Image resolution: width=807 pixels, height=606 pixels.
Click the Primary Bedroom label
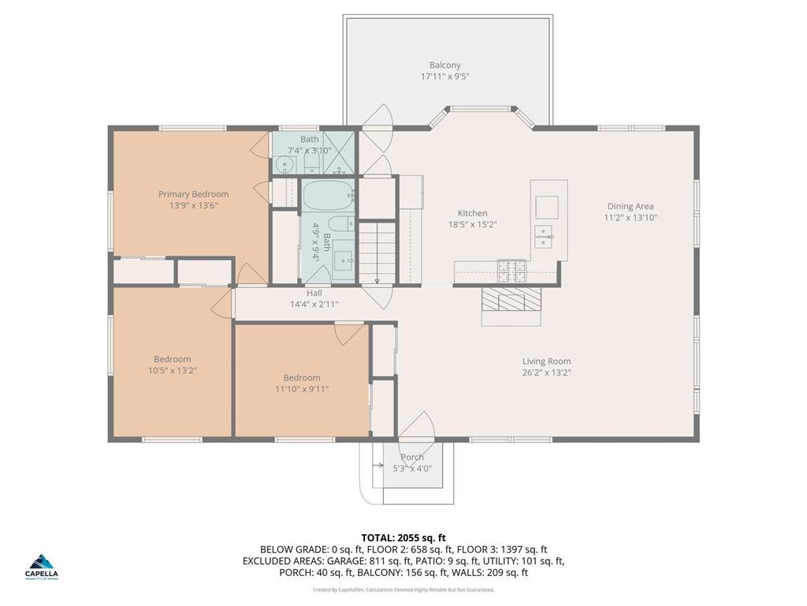coord(193,194)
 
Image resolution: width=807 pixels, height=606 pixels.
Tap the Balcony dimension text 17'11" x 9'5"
coord(445,77)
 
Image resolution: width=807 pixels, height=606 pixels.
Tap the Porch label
coord(412,457)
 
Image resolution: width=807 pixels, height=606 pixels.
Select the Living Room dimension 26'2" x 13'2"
coord(546,372)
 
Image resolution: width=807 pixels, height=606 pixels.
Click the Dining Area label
coord(630,207)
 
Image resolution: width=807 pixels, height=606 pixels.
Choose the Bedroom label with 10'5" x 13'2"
coord(172,359)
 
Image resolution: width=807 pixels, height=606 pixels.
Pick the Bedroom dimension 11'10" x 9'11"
coord(302,388)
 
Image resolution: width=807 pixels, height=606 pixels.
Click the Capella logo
coord(43,565)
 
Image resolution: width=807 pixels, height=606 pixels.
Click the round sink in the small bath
coord(284,165)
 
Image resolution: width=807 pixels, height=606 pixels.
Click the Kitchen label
coord(472,213)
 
